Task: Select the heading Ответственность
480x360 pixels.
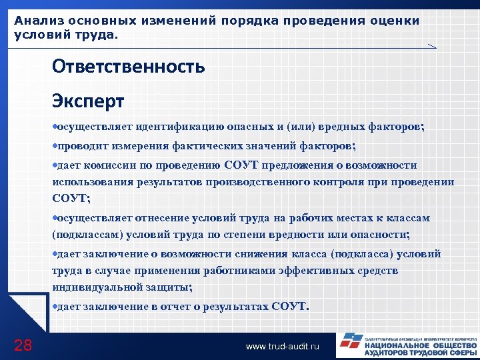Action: tap(128, 67)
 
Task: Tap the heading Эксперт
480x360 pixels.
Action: tap(88, 101)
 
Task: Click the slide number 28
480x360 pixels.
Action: tap(23, 345)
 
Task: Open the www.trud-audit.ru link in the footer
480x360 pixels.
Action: tap(283, 346)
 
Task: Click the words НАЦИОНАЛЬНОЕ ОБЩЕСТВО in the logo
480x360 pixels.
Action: tap(421, 345)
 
